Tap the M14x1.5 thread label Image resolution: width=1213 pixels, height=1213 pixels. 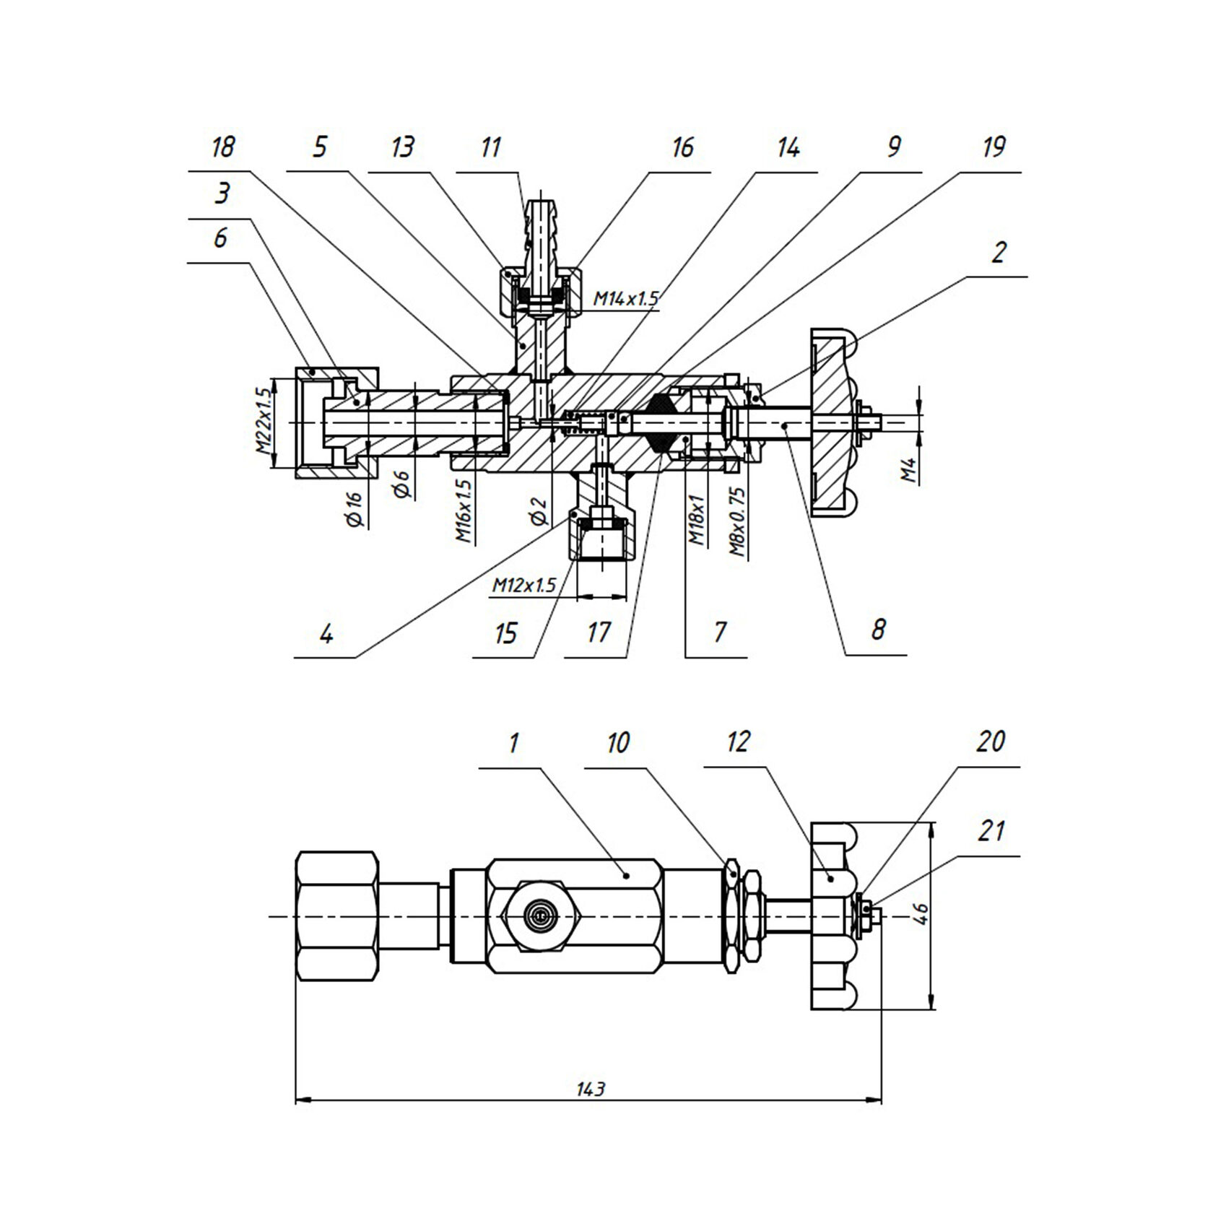tap(626, 297)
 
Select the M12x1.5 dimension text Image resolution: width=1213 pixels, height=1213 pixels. tap(525, 586)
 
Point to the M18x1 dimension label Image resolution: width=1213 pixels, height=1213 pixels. tap(696, 521)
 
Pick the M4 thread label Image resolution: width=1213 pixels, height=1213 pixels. tap(910, 471)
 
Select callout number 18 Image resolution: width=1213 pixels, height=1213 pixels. tap(222, 147)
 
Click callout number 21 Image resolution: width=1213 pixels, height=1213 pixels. tap(991, 831)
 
